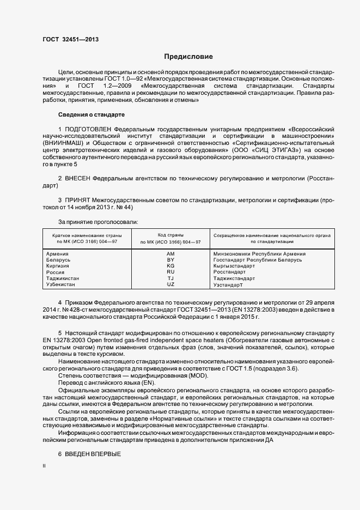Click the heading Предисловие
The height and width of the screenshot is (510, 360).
point(188,57)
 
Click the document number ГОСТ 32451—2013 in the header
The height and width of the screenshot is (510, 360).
point(70,39)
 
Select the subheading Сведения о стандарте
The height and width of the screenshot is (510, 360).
point(91,115)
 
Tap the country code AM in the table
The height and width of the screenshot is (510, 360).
point(170,254)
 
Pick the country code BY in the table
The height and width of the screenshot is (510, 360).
point(170,260)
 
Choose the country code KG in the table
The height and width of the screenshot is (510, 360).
point(170,266)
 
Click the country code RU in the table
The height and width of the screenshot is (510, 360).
point(170,272)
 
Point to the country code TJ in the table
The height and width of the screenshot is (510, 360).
point(170,278)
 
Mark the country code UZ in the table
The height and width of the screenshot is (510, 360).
point(170,284)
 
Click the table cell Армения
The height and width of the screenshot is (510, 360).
point(57,254)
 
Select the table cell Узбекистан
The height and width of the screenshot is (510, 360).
point(61,284)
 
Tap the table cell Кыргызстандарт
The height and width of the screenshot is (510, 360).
point(234,266)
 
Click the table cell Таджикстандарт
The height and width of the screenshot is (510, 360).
point(234,278)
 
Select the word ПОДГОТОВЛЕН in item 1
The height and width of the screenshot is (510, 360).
point(89,129)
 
